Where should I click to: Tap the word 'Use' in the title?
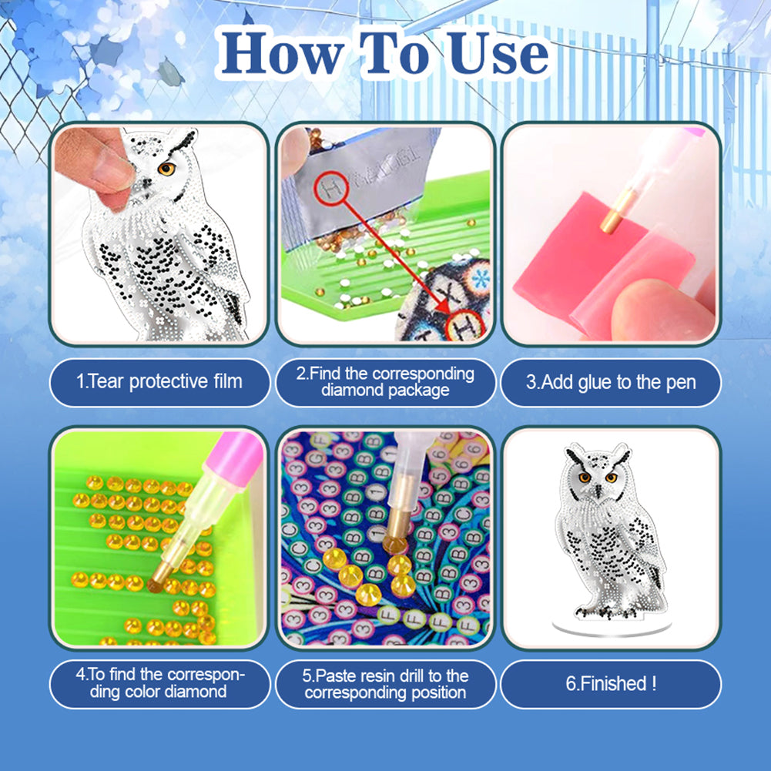(498, 53)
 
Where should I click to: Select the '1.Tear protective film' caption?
(159, 382)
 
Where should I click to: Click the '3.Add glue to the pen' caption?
(611, 383)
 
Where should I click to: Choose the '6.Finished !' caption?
(611, 683)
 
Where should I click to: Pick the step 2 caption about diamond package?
(385, 382)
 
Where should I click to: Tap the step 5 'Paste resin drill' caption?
(385, 684)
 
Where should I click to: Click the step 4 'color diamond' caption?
(159, 683)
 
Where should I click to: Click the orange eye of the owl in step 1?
(166, 169)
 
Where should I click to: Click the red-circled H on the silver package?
(331, 189)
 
